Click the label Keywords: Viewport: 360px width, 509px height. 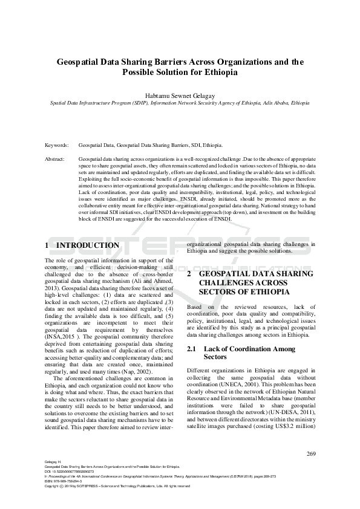pyautogui.click(x=57, y=146)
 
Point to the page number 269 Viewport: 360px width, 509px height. pyautogui.click(x=312, y=453)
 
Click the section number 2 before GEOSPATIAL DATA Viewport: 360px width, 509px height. pyautogui.click(x=189, y=274)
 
